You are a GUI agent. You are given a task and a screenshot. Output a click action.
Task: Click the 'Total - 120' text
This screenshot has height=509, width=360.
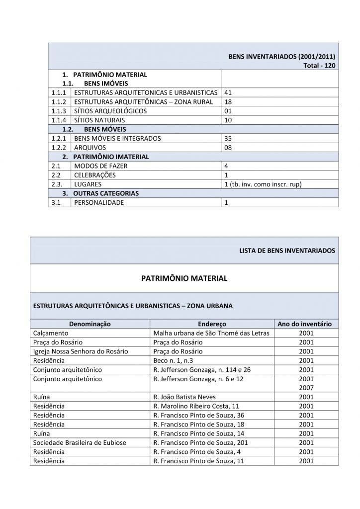tap(319, 66)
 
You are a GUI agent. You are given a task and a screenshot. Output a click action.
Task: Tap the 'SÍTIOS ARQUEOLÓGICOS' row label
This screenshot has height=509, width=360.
tap(110, 111)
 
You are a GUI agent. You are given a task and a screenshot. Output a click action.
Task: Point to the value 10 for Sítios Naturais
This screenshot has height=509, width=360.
tap(228, 120)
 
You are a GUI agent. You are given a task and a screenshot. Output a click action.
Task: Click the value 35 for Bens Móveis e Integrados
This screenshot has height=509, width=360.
tap(228, 138)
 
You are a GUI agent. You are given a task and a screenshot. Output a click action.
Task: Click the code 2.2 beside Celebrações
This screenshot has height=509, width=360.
tap(55, 175)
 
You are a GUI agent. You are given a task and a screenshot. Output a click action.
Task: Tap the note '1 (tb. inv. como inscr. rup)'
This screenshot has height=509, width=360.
tap(264, 184)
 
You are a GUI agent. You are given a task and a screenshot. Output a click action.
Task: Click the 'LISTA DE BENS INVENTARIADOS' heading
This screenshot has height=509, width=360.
tap(287, 250)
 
